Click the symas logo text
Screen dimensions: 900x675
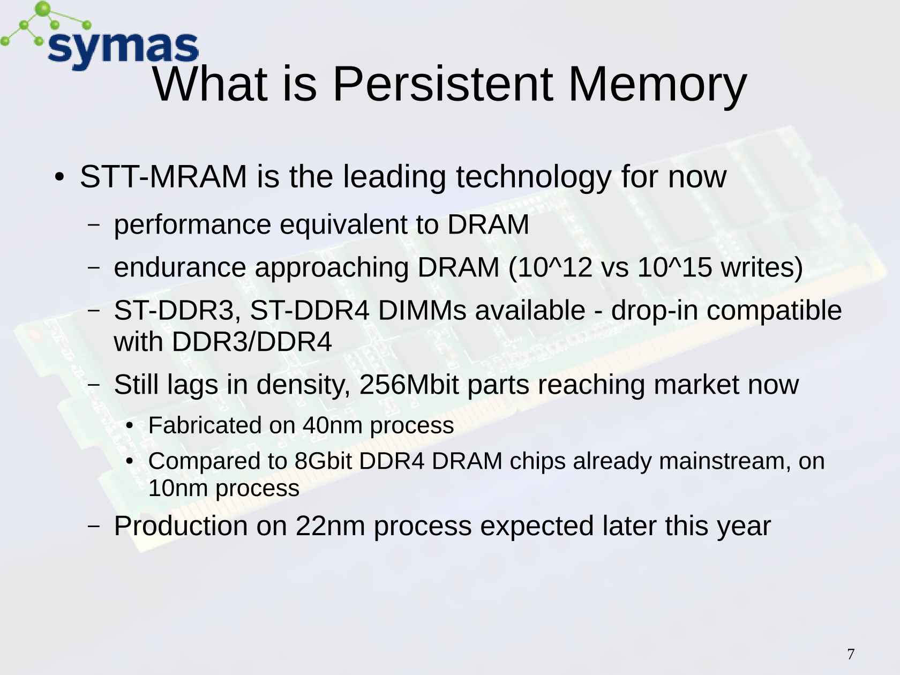coord(123,51)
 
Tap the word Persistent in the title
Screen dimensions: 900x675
coord(443,84)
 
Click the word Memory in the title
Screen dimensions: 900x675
coord(657,86)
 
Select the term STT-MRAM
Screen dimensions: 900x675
coord(163,177)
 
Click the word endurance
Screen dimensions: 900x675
coord(180,267)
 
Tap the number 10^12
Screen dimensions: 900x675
coord(550,268)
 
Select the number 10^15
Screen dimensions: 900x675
coord(675,267)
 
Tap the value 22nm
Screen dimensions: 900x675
coord(330,526)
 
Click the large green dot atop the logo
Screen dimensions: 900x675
coord(43,9)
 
